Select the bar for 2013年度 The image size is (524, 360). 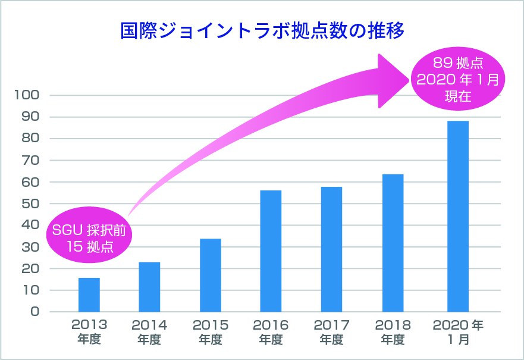(89, 295)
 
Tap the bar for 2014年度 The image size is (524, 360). (149, 287)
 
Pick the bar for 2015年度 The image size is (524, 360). (211, 275)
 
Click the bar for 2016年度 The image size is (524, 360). (271, 251)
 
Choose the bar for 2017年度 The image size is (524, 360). (331, 249)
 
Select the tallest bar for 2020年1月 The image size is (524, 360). (458, 217)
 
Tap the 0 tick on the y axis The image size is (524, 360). (34, 312)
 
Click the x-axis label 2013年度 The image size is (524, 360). (89, 332)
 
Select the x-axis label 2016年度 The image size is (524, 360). (271, 332)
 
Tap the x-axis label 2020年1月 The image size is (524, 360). (458, 332)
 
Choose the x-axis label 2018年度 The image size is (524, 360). (392, 332)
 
